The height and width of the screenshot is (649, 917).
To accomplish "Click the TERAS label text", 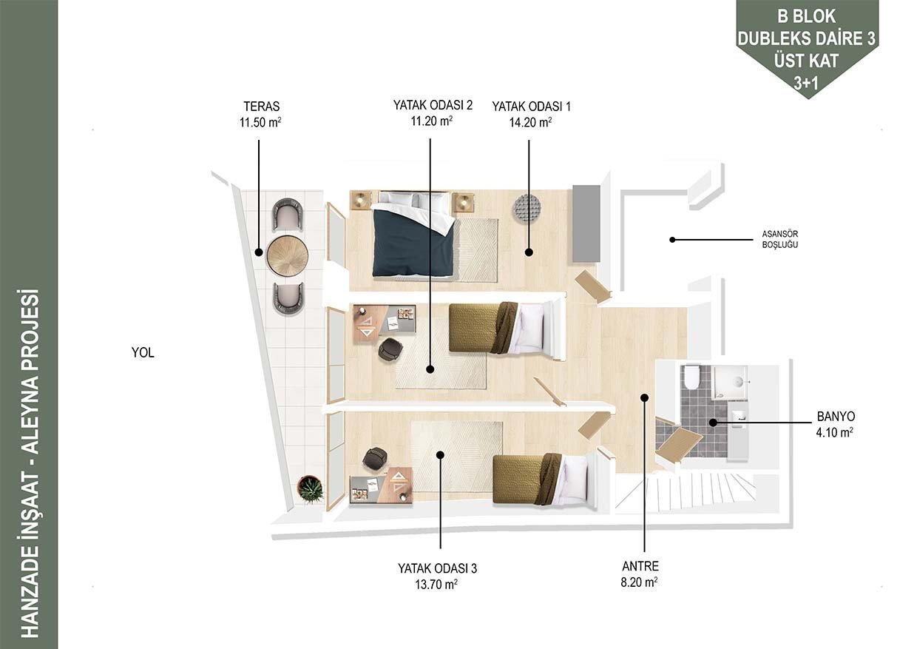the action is pyautogui.click(x=262, y=107).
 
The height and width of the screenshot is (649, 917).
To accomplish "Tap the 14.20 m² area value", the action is pyautogui.click(x=530, y=123).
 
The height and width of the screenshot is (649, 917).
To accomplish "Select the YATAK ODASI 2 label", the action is pyautogui.click(x=433, y=105).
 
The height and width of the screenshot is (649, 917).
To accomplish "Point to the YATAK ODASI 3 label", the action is pyautogui.click(x=437, y=568).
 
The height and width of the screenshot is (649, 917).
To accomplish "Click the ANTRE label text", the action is pyautogui.click(x=640, y=566).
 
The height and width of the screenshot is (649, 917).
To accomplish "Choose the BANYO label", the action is pyautogui.click(x=836, y=417).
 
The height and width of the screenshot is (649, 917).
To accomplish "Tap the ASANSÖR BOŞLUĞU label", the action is pyautogui.click(x=780, y=239).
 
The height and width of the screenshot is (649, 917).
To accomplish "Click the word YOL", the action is pyautogui.click(x=143, y=353).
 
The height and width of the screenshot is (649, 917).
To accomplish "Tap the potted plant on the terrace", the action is pyautogui.click(x=311, y=489).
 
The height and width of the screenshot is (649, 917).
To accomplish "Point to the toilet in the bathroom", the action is pyautogui.click(x=692, y=377).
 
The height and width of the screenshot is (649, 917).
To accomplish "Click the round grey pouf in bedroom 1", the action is pyautogui.click(x=527, y=209).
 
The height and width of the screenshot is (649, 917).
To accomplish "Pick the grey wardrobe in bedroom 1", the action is pyautogui.click(x=586, y=223).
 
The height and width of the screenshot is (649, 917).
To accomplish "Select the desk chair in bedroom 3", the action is pyautogui.click(x=376, y=459).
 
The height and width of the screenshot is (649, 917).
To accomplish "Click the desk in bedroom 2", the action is pyautogui.click(x=385, y=323).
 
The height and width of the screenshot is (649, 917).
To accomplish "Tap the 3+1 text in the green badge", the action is pyautogui.click(x=806, y=83).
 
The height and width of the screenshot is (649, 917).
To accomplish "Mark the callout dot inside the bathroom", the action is pyautogui.click(x=713, y=423).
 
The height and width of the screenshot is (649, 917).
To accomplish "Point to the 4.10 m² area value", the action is pyautogui.click(x=835, y=433).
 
